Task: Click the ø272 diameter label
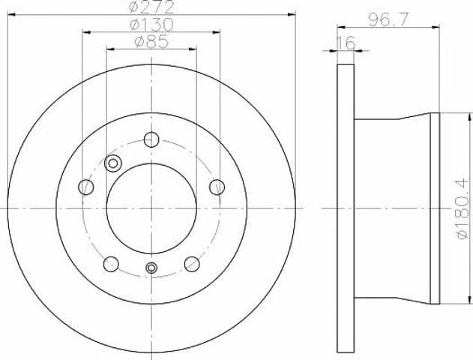(151, 7)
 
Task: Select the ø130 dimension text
(151, 24)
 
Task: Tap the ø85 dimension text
(151, 42)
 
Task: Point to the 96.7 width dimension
(388, 20)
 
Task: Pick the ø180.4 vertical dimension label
(464, 208)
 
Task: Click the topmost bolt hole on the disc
(151, 139)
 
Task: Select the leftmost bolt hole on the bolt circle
(86, 187)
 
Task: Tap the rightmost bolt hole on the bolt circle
(217, 187)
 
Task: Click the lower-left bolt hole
(111, 264)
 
